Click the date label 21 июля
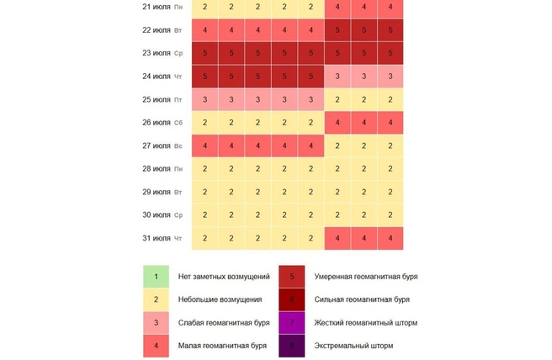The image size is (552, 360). pyautogui.click(x=157, y=7)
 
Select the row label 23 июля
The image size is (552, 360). pyautogui.click(x=157, y=53)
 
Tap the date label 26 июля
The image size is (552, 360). pyautogui.click(x=157, y=123)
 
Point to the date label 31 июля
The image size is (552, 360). pyautogui.click(x=157, y=239)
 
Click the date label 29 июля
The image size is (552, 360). pyautogui.click(x=157, y=193)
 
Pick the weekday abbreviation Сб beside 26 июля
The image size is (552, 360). pyautogui.click(x=178, y=123)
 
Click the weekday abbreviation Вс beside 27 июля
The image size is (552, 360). pyautogui.click(x=178, y=146)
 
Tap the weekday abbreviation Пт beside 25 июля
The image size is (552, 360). pyautogui.click(x=178, y=100)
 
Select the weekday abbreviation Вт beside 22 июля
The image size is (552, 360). pyautogui.click(x=178, y=30)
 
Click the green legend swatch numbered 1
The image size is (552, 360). pyautogui.click(x=156, y=276)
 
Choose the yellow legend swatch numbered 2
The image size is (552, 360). pyautogui.click(x=156, y=299)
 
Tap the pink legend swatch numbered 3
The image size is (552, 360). pyautogui.click(x=156, y=323)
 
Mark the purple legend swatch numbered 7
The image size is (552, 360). pyautogui.click(x=292, y=323)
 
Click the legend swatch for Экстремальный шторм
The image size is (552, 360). pyautogui.click(x=292, y=346)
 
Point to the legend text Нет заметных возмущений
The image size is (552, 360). pyautogui.click(x=224, y=276)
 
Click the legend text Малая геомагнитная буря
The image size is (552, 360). pyautogui.click(x=222, y=346)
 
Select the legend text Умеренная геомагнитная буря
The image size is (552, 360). pyautogui.click(x=366, y=276)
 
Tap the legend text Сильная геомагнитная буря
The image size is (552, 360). pyautogui.click(x=362, y=299)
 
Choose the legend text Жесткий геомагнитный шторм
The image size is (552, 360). pyautogui.click(x=365, y=323)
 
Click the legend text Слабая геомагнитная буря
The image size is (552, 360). pyautogui.click(x=224, y=323)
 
